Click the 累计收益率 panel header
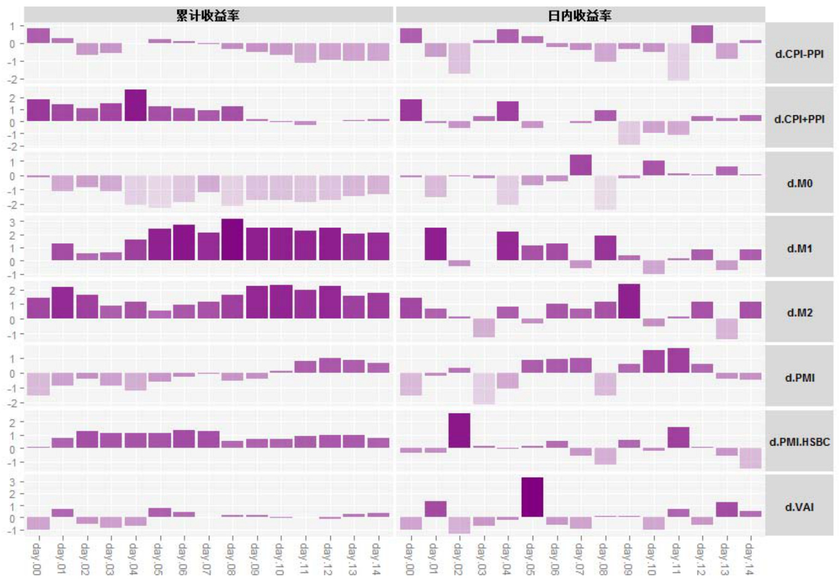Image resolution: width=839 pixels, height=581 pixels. coord(208,15)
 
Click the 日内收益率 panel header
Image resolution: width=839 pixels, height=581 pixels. coord(579,15)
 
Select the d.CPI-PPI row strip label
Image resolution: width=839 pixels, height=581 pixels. coord(799,53)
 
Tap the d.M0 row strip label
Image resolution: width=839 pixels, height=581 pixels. coord(799,183)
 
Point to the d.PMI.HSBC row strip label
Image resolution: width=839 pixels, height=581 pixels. coord(799,441)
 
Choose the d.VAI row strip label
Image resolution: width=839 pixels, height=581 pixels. coord(799,506)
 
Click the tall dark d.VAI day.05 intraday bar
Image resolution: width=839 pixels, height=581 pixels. coord(532,497)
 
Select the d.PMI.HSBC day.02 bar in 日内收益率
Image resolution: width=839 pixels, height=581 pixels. coord(459,430)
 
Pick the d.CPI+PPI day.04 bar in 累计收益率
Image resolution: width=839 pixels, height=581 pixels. coord(135,106)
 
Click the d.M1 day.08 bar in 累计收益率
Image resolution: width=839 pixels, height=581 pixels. coord(232,239)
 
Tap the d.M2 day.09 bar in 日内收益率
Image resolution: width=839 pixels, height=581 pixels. coord(628,301)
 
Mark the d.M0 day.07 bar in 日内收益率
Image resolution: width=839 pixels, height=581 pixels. coord(580,165)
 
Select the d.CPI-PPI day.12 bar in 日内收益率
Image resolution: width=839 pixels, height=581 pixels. coord(701,34)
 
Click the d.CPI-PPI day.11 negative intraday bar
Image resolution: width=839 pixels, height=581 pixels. coord(677,61)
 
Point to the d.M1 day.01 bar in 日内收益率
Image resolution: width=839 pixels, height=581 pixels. coord(435,244)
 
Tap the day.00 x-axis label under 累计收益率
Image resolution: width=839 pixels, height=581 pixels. coord(37,558)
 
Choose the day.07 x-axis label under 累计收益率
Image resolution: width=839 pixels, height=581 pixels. coord(207,558)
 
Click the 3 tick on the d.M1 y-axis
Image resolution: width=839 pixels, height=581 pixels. coord(12,222)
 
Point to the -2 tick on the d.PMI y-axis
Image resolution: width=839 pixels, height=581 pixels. coord(11,403)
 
